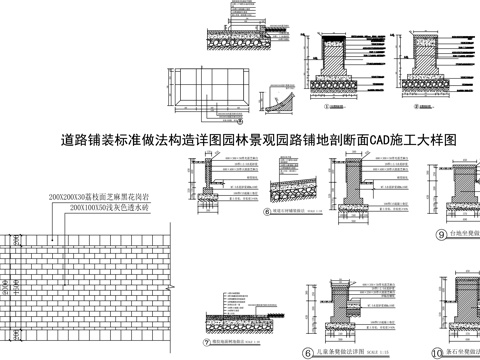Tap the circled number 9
tap(441, 234)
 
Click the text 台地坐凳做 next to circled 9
tap(465, 234)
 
